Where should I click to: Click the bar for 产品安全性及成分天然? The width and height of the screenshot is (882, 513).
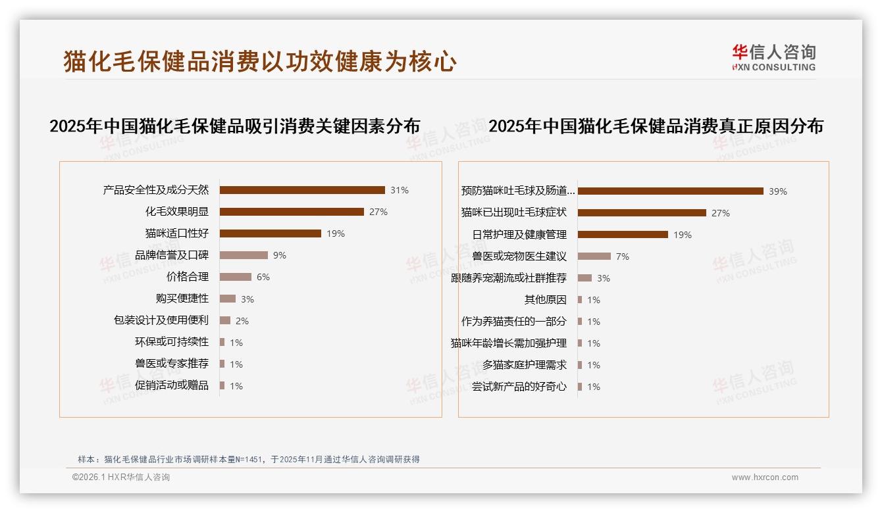pos(302,190)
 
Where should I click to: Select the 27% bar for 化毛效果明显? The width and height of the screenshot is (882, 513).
pos(292,212)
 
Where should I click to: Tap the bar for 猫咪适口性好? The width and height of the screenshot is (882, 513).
pos(270,233)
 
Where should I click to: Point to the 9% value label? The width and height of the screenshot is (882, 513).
pos(280,255)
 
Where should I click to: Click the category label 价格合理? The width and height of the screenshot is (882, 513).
pos(187,277)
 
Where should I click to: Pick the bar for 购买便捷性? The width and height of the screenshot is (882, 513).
pos(227,299)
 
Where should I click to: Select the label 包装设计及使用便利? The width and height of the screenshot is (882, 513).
pos(161,320)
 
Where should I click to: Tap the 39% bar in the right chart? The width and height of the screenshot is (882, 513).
pos(670,191)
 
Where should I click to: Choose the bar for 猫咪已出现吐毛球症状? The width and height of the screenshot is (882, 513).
pos(642,213)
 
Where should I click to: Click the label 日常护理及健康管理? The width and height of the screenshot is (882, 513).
pos(519,235)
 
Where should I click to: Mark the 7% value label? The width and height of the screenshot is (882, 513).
pos(622,256)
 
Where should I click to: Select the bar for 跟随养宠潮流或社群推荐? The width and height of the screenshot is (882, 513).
pos(584,278)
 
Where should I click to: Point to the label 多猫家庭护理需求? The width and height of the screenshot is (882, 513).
pos(524,365)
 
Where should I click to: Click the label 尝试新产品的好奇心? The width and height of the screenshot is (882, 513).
pos(519,387)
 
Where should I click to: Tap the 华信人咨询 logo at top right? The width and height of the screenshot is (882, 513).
pos(773,57)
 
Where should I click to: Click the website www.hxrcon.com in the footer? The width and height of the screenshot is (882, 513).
pos(765,477)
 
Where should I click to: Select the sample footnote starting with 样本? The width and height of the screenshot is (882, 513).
pos(248,460)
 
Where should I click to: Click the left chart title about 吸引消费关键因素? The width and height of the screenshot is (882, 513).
pos(234,126)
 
